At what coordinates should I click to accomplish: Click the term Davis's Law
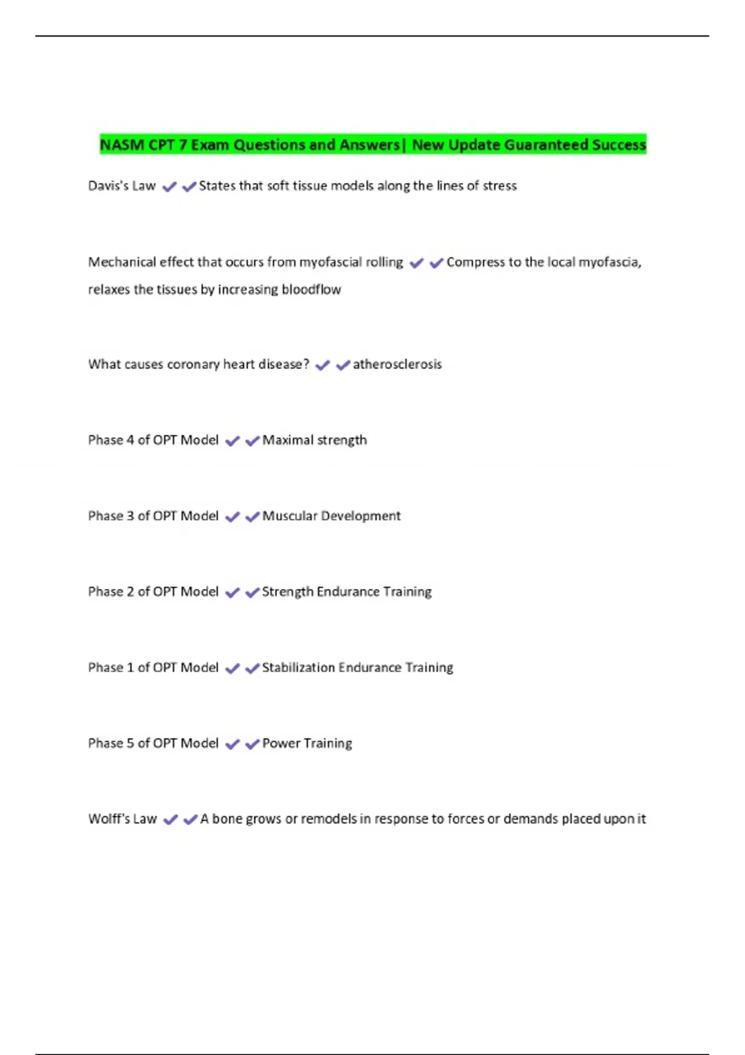(x=122, y=186)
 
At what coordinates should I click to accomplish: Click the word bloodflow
(x=311, y=289)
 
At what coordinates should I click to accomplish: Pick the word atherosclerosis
(x=397, y=364)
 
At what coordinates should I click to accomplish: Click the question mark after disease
(x=306, y=364)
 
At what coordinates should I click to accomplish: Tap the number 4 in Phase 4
(x=130, y=440)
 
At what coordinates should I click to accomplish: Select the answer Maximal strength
(x=314, y=440)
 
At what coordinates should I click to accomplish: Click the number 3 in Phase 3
(x=130, y=516)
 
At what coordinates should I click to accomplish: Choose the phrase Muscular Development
(x=331, y=516)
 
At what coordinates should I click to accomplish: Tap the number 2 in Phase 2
(x=130, y=591)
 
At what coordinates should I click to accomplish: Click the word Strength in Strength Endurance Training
(x=287, y=591)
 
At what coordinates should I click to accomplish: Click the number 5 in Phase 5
(x=130, y=743)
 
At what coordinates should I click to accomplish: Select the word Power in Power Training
(x=281, y=743)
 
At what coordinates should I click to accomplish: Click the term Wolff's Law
(x=122, y=819)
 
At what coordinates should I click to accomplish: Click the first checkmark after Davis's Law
(x=169, y=186)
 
